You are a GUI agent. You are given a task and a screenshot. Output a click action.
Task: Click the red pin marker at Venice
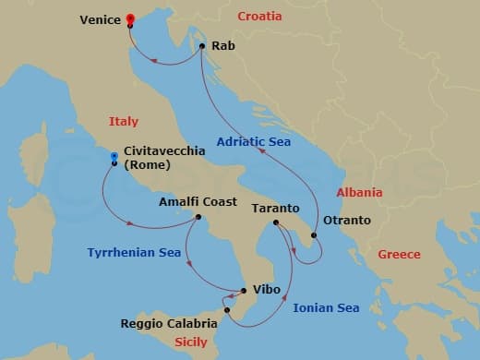(x=130, y=18)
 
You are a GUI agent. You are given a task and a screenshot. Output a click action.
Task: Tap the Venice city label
(x=99, y=18)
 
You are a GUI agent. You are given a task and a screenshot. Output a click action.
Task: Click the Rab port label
(x=222, y=44)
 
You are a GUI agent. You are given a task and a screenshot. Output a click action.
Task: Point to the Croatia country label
(x=260, y=17)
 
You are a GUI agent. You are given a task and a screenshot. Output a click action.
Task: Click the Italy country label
(x=123, y=121)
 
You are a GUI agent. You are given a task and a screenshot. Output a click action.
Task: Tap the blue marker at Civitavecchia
(x=114, y=156)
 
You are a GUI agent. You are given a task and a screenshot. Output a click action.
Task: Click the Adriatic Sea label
(x=255, y=142)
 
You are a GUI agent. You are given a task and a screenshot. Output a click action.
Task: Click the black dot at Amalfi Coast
(x=197, y=218)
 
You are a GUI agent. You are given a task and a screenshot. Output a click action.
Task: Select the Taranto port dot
(x=276, y=222)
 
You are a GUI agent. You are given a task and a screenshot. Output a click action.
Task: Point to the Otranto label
(x=347, y=221)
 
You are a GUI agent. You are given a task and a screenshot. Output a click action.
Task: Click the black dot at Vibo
(x=242, y=293)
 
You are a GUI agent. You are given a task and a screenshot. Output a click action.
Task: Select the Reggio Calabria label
(x=169, y=324)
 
